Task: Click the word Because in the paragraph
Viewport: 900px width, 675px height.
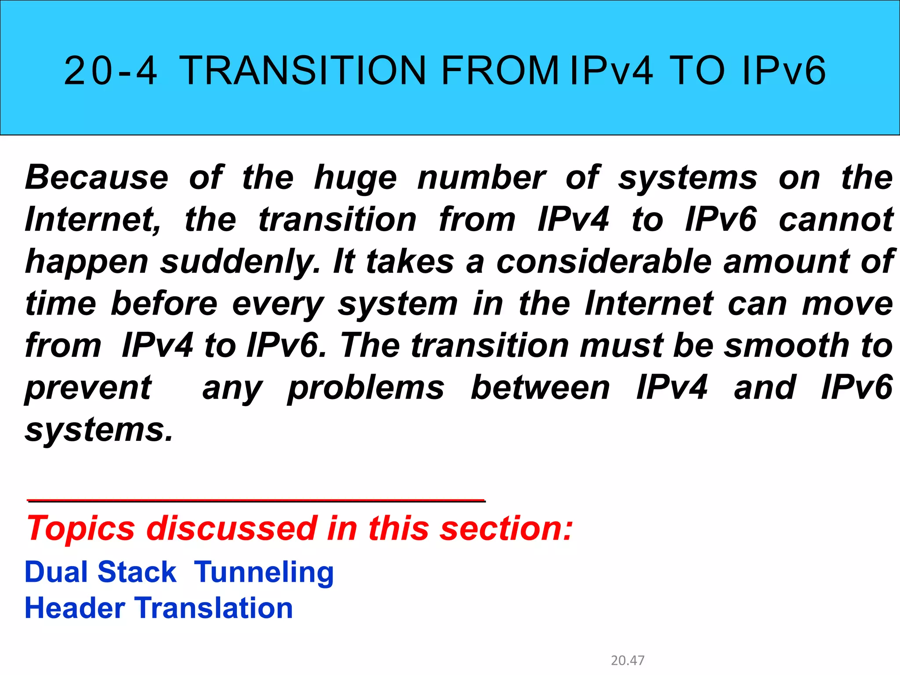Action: (x=97, y=178)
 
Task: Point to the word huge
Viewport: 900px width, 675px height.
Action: (x=356, y=178)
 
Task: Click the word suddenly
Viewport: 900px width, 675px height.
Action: (x=240, y=262)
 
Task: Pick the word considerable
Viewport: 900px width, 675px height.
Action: (x=604, y=261)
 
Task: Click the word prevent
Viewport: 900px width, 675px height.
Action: (x=88, y=388)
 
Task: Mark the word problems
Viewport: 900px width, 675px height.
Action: (x=366, y=388)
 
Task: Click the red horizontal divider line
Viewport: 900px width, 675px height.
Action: (x=256, y=500)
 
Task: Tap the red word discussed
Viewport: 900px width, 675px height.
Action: (x=232, y=528)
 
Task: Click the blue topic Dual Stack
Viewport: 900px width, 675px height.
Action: (x=101, y=572)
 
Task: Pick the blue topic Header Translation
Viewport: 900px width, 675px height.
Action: (x=159, y=608)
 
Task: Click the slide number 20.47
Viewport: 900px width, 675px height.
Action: (x=628, y=660)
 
